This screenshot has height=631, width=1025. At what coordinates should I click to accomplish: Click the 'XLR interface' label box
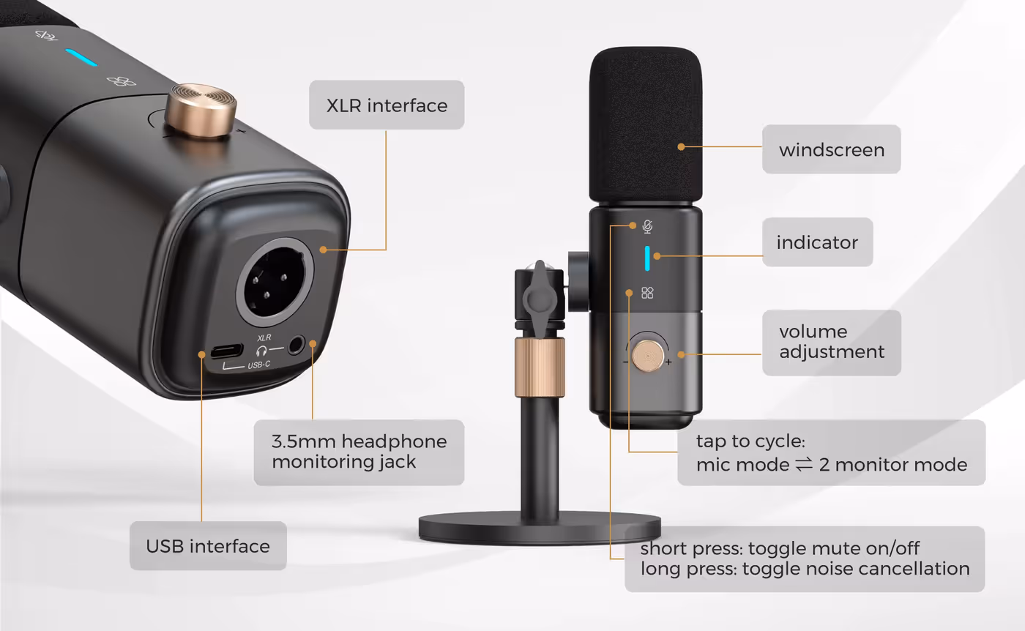coord(387,105)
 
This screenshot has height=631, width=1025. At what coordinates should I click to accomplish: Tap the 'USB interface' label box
coord(208,546)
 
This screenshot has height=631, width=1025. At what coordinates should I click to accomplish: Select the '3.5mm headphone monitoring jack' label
coord(359,452)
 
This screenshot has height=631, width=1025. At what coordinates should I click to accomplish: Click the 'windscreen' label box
coord(832,149)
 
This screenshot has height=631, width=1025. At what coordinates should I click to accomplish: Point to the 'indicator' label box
coord(817,242)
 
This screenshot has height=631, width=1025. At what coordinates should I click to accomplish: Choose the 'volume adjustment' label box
coord(832,343)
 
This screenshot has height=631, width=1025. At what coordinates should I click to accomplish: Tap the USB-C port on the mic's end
coord(226,351)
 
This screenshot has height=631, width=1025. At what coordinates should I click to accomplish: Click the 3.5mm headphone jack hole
coord(297,345)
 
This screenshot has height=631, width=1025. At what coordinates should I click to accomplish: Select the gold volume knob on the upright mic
coord(648,355)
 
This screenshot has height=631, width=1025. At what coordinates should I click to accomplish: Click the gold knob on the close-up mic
coord(201,111)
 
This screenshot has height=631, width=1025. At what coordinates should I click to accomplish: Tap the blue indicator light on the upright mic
coord(647,258)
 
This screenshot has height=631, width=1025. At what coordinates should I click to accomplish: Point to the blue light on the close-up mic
coord(81,58)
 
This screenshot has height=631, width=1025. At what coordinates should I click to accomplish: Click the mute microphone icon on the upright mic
coord(647,226)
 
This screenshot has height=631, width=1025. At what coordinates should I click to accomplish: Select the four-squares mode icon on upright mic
coord(647,293)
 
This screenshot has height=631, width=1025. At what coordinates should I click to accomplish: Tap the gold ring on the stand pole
coord(540,367)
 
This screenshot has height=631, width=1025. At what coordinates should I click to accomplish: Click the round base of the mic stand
coord(540,529)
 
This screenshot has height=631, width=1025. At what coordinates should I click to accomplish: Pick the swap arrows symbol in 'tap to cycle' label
coord(804,464)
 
